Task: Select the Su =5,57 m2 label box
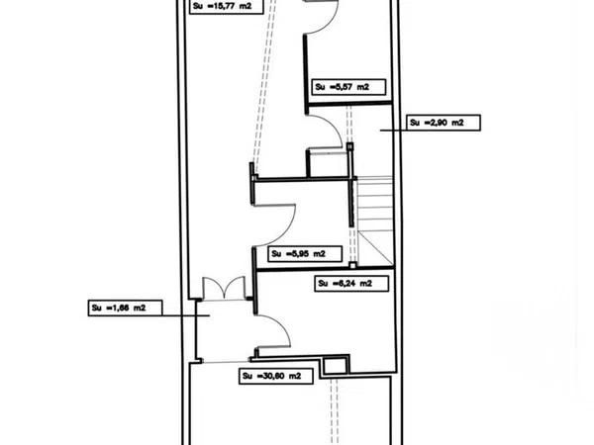pos(348,87)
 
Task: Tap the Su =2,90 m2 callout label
pos(444,123)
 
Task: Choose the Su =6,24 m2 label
pos(351,284)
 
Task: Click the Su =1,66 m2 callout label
pos(126,308)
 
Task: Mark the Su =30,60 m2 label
pos(276,376)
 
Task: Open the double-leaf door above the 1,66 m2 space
pos(225,289)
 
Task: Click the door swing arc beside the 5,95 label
pos(275,225)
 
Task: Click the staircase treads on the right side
pos(374,205)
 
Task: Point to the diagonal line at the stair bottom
pos(376,248)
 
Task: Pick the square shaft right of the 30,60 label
pos(336,366)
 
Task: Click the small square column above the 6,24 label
pos(352,266)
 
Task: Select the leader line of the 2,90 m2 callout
pos(394,131)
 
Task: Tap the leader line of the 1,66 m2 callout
pos(186,315)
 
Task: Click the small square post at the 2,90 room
pos(350,146)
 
